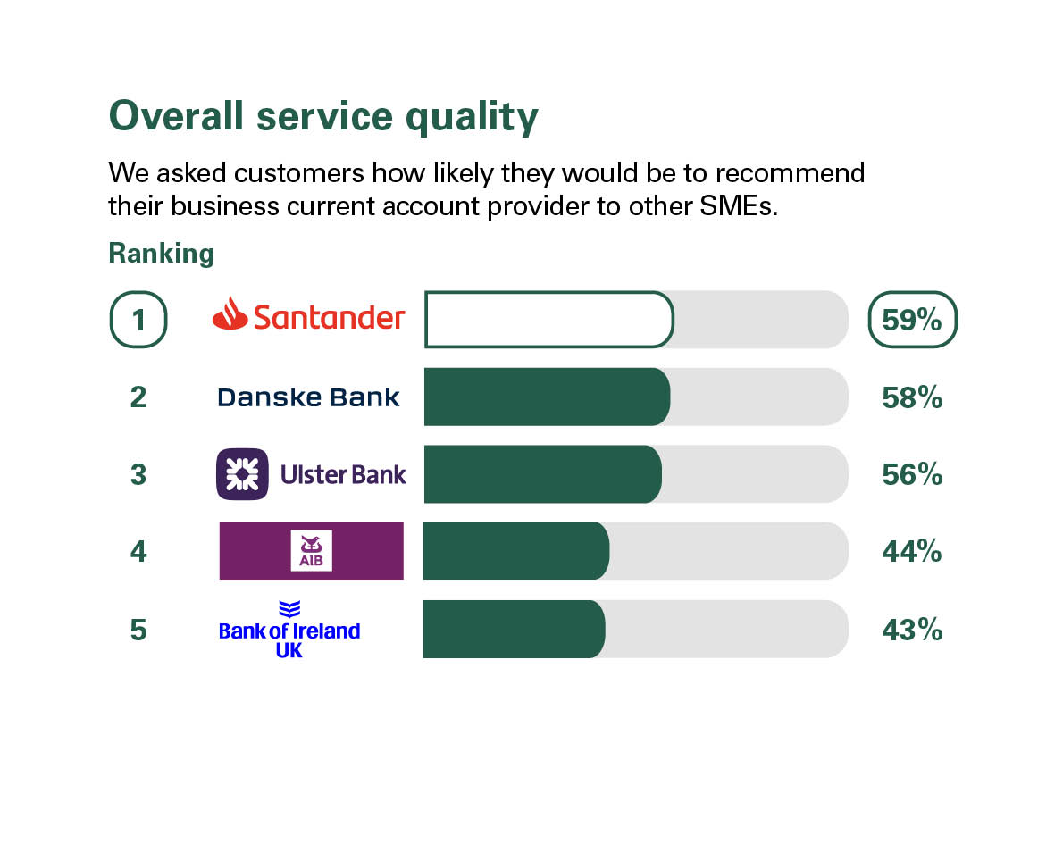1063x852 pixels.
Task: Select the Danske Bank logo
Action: (x=308, y=397)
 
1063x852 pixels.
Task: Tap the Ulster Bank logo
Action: (x=311, y=474)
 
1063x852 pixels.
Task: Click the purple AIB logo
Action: (x=311, y=550)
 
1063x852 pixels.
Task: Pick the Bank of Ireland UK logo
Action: (x=289, y=630)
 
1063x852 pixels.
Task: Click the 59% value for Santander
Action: (x=912, y=319)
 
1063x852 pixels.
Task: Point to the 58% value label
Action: (x=912, y=397)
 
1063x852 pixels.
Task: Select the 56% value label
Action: (x=912, y=474)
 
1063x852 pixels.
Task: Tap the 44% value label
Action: (x=912, y=552)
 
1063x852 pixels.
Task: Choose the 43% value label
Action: (x=912, y=630)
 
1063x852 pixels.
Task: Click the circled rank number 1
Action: (x=138, y=319)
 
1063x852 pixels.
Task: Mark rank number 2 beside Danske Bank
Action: (x=138, y=397)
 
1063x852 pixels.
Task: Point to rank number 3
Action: (x=138, y=474)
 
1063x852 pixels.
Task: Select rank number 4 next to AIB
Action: (x=138, y=552)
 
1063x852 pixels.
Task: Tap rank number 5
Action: (x=138, y=630)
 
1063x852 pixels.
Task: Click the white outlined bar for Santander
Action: (x=548, y=319)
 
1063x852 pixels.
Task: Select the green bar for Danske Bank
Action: (x=546, y=397)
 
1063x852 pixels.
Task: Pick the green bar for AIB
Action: (x=515, y=551)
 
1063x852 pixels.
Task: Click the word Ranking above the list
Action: (x=161, y=254)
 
